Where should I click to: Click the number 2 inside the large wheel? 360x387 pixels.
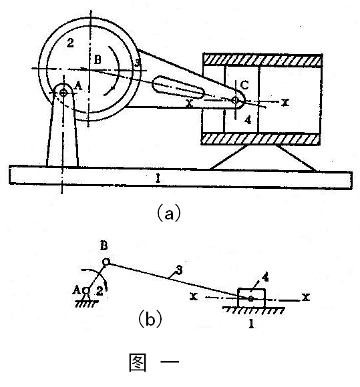pyautogui.click(x=70, y=43)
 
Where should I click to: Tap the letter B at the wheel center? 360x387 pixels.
pyautogui.click(x=98, y=59)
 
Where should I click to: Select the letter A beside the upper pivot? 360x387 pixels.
pyautogui.click(x=79, y=86)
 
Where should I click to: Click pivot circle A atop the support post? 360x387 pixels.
pyautogui.click(x=63, y=93)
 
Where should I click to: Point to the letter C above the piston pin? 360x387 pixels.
pyautogui.click(x=244, y=85)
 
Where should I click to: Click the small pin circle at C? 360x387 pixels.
pyautogui.click(x=235, y=100)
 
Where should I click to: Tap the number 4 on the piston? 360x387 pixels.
pyautogui.click(x=248, y=120)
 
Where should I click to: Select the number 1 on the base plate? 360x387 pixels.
pyautogui.click(x=158, y=178)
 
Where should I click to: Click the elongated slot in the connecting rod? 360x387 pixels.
pyautogui.click(x=178, y=87)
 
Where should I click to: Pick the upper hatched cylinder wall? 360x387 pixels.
pyautogui.click(x=262, y=60)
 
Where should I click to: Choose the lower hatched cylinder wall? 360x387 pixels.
pyautogui.click(x=261, y=139)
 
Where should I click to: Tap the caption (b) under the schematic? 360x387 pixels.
pyautogui.click(x=150, y=320)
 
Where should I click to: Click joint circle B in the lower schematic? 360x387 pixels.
pyautogui.click(x=106, y=262)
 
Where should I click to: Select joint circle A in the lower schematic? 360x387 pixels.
pyautogui.click(x=86, y=291)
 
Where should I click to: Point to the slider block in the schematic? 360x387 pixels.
pyautogui.click(x=251, y=298)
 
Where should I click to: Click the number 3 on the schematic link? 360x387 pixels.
pyautogui.click(x=179, y=270)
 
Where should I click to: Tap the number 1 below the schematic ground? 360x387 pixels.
pyautogui.click(x=251, y=324)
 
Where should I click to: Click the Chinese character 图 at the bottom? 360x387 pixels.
pyautogui.click(x=138, y=362)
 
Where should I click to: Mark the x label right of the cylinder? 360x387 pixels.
pyautogui.click(x=285, y=102)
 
